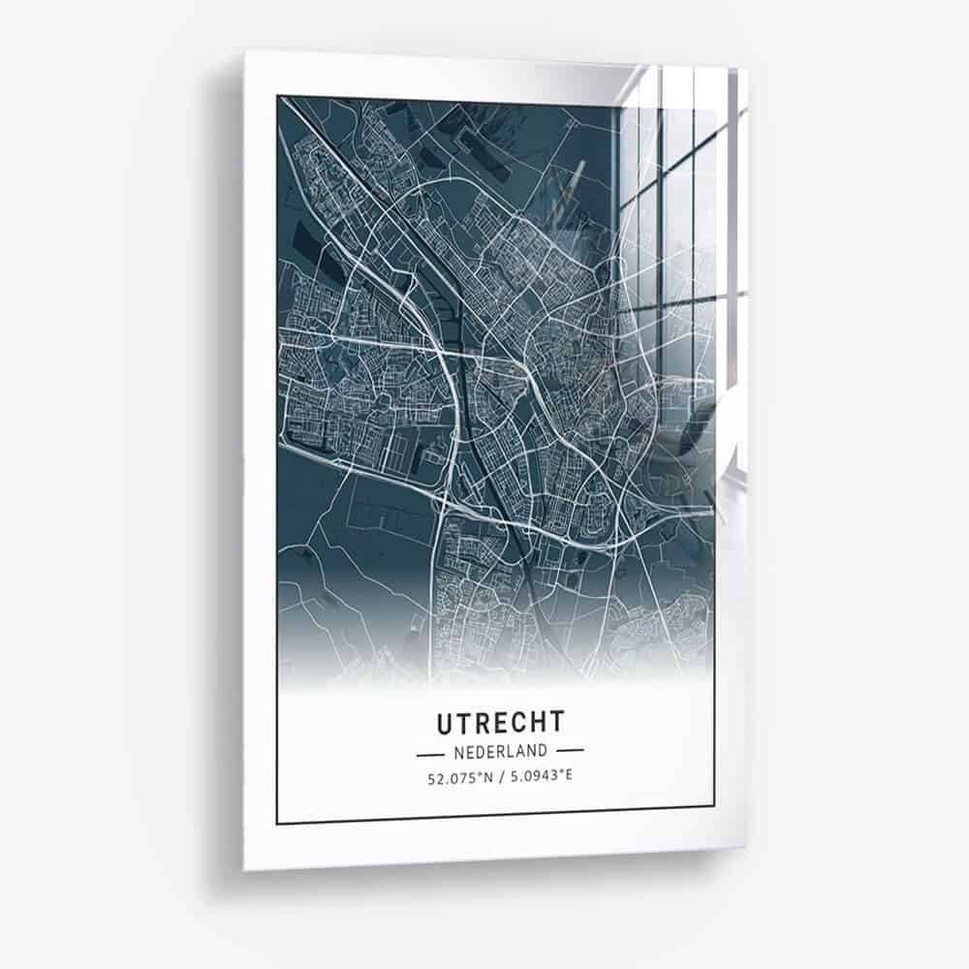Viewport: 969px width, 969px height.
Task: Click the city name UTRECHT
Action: tap(500, 723)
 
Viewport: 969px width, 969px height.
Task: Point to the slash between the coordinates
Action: tap(499, 776)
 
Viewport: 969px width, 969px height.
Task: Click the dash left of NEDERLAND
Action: tap(428, 751)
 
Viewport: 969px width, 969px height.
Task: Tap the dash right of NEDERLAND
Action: tap(571, 751)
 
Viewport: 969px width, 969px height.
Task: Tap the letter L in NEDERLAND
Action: tap(514, 751)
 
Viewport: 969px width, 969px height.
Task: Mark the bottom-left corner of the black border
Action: tap(277, 823)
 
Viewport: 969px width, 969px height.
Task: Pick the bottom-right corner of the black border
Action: tap(715, 807)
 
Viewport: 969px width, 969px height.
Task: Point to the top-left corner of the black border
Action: tap(278, 95)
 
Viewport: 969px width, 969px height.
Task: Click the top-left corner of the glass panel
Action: tap(244, 51)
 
